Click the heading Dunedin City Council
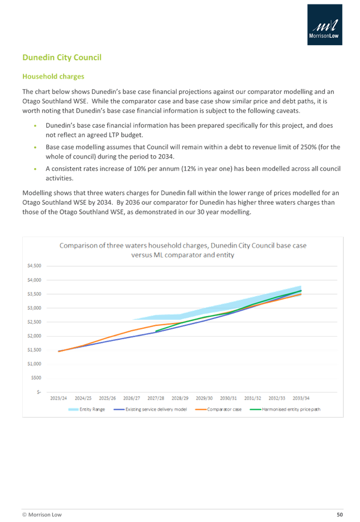(61, 58)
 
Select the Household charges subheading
(52, 76)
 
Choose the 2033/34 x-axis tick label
(301, 399)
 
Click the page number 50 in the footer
(339, 514)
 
